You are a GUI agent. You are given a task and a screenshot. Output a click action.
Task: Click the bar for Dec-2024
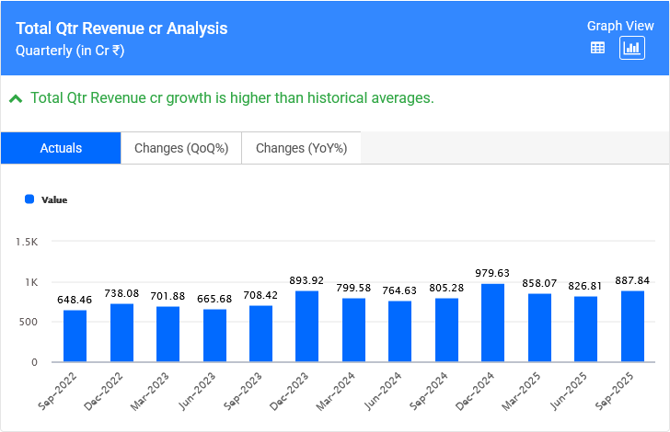pyautogui.click(x=493, y=323)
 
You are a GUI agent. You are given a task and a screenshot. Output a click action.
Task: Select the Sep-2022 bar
pyautogui.click(x=75, y=335)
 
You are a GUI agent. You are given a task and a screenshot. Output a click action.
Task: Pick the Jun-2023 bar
pyautogui.click(x=214, y=335)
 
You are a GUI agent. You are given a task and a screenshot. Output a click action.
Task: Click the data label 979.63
pyautogui.click(x=493, y=273)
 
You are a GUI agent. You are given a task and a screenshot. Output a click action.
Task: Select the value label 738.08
pyautogui.click(x=121, y=293)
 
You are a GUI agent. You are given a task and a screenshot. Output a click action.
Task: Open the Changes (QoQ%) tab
pyautogui.click(x=181, y=148)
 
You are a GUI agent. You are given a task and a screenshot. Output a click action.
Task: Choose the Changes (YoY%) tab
pyautogui.click(x=301, y=148)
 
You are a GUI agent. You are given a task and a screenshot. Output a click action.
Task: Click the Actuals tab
pyautogui.click(x=61, y=148)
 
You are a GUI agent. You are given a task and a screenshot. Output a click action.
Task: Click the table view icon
pyautogui.click(x=597, y=48)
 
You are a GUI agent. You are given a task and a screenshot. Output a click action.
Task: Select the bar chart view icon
pyautogui.click(x=632, y=48)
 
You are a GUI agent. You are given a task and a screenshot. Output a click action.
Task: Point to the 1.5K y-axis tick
pyautogui.click(x=26, y=242)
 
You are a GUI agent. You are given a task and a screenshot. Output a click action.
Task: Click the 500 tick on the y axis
pyautogui.click(x=28, y=322)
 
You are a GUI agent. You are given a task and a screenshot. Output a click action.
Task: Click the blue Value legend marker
pyautogui.click(x=29, y=199)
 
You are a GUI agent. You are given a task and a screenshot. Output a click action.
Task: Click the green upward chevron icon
pyautogui.click(x=16, y=97)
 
